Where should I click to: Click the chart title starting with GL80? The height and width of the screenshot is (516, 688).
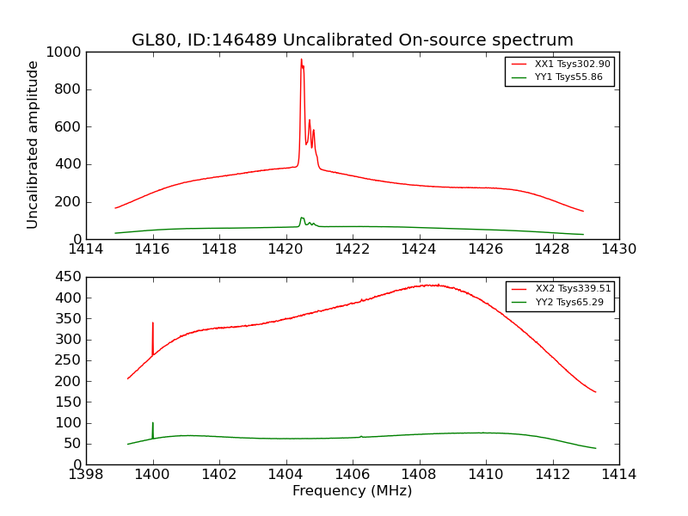tap(353, 40)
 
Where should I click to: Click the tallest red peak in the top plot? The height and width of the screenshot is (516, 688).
tap(301, 60)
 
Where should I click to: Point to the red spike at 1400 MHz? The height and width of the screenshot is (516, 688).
tap(153, 325)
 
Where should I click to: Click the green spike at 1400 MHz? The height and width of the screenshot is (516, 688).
tap(153, 425)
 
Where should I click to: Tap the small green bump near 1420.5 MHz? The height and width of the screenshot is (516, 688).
tap(302, 218)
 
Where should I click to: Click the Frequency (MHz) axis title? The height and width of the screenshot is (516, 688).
tap(353, 491)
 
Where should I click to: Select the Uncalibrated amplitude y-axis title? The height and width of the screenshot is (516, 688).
tap(34, 144)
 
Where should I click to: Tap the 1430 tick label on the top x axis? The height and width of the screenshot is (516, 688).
tap(619, 249)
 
